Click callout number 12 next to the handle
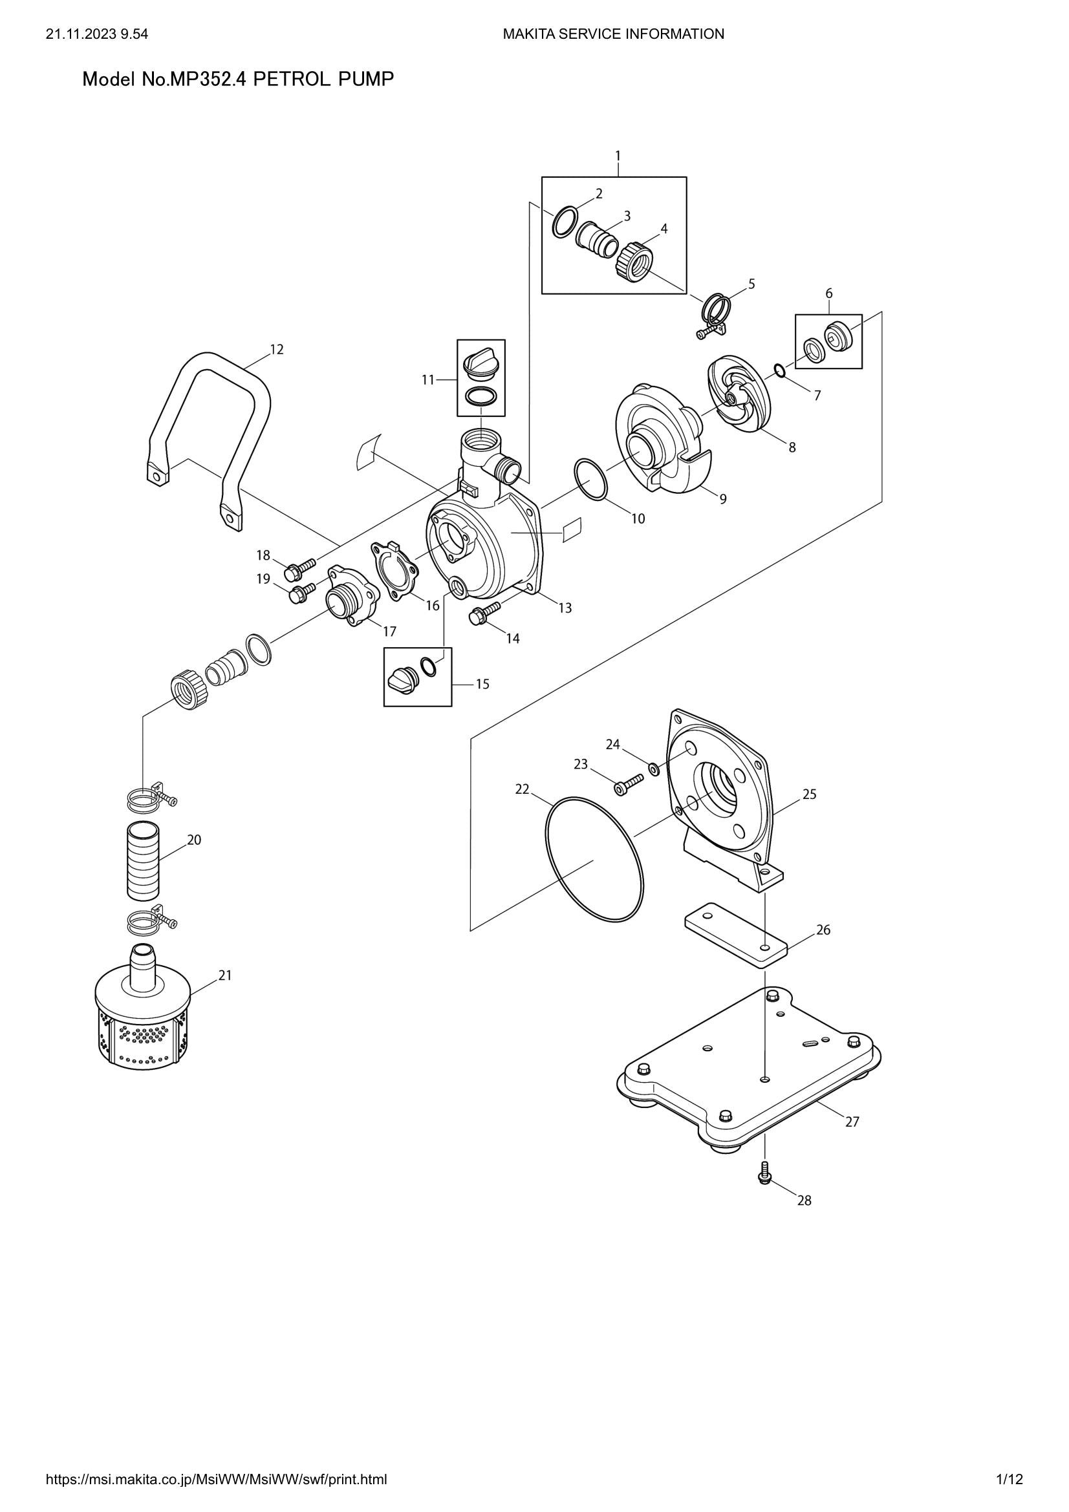click(277, 350)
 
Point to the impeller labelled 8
click(738, 395)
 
